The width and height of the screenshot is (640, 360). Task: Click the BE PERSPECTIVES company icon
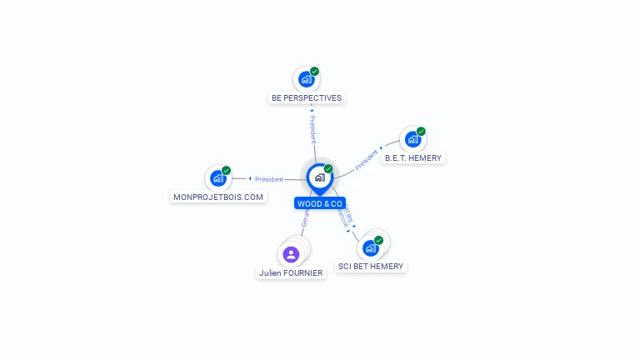point(306,79)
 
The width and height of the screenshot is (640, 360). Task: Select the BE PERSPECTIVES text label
point(307,97)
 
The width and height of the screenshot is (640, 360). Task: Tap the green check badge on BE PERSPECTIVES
point(314,72)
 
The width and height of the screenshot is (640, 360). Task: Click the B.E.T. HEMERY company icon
point(412,139)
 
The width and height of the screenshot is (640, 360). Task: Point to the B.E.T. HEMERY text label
point(413,157)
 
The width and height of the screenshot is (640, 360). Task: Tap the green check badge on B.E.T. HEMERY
point(421,132)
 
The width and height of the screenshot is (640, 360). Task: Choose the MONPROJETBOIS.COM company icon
point(217,177)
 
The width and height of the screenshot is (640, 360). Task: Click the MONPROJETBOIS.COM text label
point(218,197)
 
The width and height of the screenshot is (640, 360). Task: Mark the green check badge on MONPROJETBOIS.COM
point(226,171)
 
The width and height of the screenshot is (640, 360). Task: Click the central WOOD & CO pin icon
point(319,177)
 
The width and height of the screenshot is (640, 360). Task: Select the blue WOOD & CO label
point(319,203)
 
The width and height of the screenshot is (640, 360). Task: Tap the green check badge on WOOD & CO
point(328,169)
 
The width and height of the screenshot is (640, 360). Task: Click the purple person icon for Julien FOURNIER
point(291,254)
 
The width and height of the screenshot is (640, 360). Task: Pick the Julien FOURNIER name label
point(291,272)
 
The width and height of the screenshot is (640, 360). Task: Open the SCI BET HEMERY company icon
point(370,247)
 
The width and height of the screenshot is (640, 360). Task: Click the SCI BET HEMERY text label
point(371,267)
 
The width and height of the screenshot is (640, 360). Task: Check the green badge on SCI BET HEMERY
point(379,240)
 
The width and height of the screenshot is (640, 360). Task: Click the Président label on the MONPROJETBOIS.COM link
point(269,179)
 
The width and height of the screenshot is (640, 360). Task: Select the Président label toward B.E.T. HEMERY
point(366,160)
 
